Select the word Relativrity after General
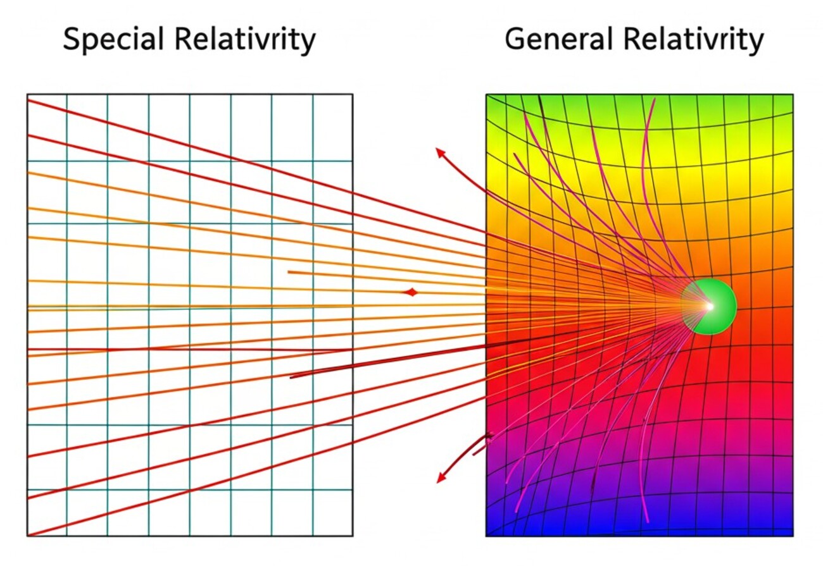point(693,40)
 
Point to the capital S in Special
point(72,40)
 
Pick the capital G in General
point(515,40)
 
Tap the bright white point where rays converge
point(709,306)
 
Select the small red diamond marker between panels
point(411,292)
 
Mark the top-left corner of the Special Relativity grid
point(27,95)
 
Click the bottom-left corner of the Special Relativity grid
point(27,536)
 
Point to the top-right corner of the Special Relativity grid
point(353,95)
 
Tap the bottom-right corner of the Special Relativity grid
point(353,536)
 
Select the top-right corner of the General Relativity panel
point(793,95)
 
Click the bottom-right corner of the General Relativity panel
point(793,536)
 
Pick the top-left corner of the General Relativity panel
point(486,95)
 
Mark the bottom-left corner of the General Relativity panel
point(486,536)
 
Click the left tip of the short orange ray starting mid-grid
point(288,273)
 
